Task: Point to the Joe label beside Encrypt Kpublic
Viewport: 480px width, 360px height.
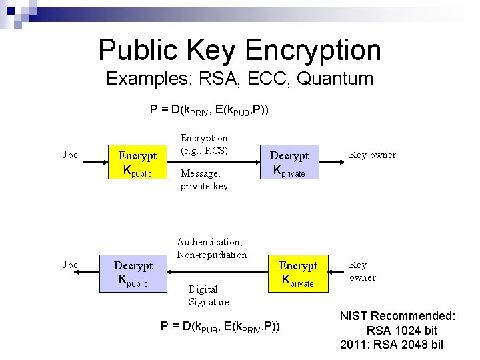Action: point(70,155)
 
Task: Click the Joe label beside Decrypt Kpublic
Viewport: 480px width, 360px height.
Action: point(70,265)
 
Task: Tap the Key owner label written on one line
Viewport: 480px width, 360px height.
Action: point(373,155)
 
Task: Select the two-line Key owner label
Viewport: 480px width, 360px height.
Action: point(362,271)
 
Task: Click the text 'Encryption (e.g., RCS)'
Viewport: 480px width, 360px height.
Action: point(204,144)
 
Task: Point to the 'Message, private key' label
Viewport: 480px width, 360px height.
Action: point(204,179)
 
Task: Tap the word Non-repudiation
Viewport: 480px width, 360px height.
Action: point(211,255)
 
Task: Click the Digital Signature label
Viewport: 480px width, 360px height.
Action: point(209,295)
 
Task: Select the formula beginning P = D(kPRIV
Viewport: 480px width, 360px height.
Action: point(210,109)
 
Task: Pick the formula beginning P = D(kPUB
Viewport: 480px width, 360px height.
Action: point(221,326)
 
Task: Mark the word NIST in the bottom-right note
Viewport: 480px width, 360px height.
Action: point(354,316)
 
